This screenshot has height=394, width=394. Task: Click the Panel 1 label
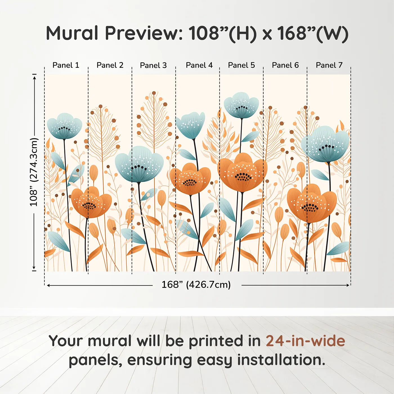[66, 65]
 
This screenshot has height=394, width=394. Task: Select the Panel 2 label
[110, 65]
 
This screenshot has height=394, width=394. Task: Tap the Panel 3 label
[153, 65]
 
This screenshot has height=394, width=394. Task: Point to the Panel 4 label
[199, 65]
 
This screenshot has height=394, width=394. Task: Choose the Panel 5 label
[241, 65]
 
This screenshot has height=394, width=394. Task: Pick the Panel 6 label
[285, 65]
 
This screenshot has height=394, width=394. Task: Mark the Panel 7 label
[329, 65]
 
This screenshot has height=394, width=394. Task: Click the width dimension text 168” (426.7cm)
[196, 285]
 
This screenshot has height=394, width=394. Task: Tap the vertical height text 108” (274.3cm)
[34, 172]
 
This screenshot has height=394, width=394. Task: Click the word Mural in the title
[72, 33]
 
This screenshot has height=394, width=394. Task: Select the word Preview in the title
[144, 33]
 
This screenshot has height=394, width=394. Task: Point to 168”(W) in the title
[313, 33]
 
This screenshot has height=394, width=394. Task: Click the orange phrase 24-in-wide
[305, 341]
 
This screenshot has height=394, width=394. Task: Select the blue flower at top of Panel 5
[241, 105]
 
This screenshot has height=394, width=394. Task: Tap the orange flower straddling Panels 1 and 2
[91, 202]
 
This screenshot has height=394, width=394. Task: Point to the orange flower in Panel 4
[190, 179]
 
